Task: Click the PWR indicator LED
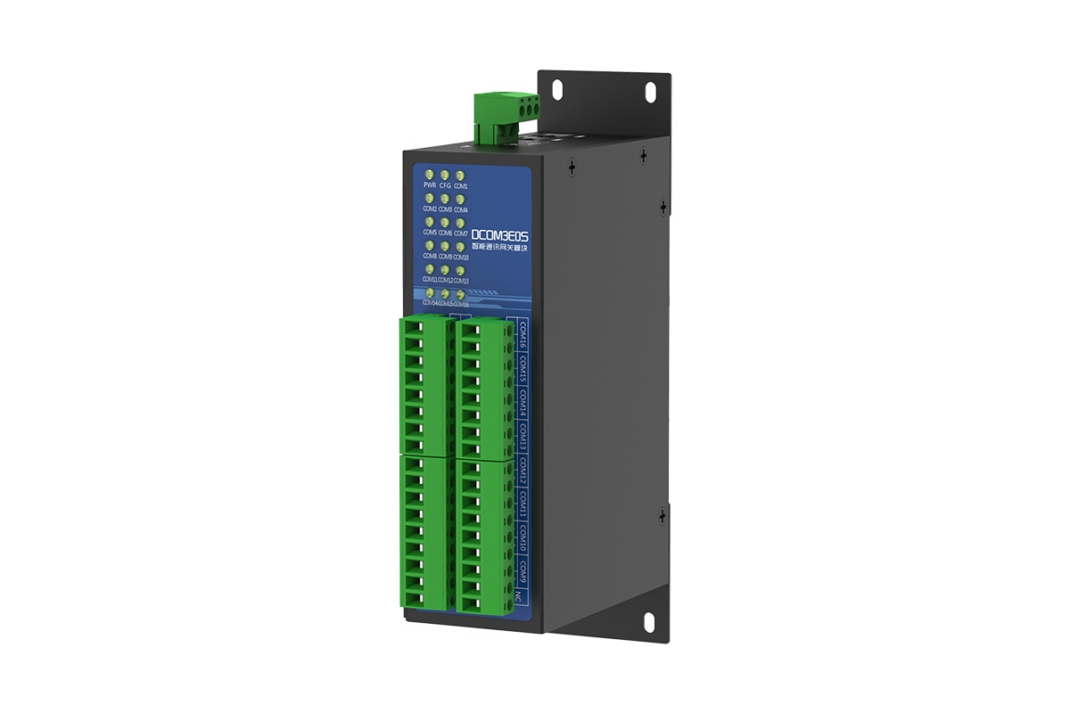[x=430, y=175]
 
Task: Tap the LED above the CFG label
[x=445, y=175]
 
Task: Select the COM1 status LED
[x=460, y=176]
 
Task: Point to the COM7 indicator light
[x=460, y=222]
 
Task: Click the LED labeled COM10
[x=460, y=245]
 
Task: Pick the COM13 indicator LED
[x=460, y=269]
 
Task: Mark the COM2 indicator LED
[x=430, y=199]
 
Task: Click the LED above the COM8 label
[x=430, y=245]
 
